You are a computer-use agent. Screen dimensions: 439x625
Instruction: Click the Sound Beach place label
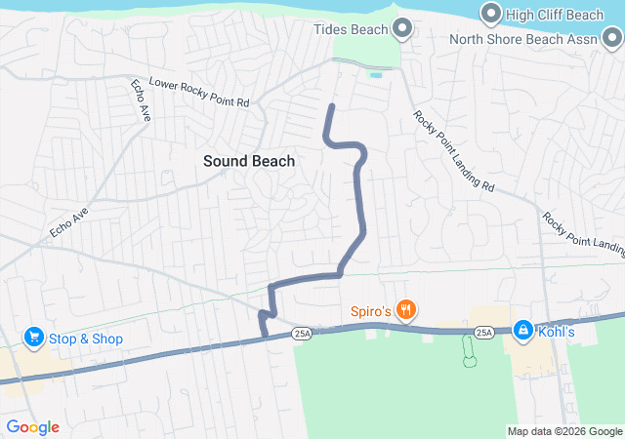(248, 161)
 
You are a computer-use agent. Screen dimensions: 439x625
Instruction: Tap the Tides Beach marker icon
(400, 29)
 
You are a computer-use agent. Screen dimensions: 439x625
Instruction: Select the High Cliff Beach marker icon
(490, 14)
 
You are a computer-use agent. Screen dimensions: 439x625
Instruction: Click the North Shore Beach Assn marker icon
(611, 39)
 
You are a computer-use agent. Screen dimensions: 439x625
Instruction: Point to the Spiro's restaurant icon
(405, 311)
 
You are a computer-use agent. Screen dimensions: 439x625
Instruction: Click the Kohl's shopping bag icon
(522, 332)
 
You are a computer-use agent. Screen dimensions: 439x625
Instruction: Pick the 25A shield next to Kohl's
(483, 333)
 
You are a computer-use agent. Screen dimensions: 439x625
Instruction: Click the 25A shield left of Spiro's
(302, 334)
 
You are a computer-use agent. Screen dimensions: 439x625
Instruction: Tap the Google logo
(32, 427)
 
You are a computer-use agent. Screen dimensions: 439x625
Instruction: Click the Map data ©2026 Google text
(564, 431)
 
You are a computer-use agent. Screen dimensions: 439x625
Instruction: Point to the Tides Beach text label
(351, 29)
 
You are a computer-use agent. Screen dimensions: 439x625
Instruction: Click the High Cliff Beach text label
(557, 14)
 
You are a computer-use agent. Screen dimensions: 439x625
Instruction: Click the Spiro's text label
(371, 311)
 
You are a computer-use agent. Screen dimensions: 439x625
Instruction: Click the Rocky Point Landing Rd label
(454, 150)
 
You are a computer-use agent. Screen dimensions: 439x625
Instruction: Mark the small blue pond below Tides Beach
(376, 74)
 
